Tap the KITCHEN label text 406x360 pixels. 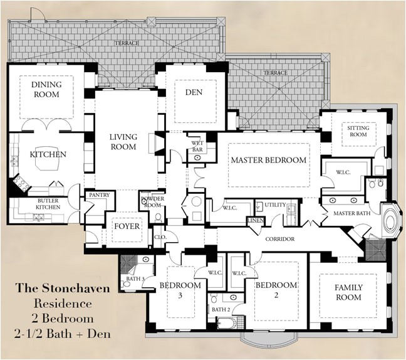pos(48,154)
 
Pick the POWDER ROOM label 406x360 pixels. pos(152,203)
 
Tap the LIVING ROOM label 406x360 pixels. pos(123,142)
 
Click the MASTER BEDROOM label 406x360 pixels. pos(269,160)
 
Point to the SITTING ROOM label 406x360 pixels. pos(358,130)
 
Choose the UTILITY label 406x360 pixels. pos(275,204)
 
